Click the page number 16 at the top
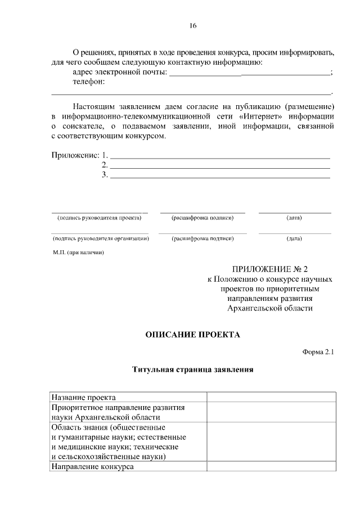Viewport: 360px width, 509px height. pyautogui.click(x=193, y=26)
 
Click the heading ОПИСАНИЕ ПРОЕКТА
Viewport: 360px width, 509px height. pyautogui.click(x=192, y=335)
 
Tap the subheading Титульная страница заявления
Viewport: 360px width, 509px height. pyautogui.click(x=192, y=370)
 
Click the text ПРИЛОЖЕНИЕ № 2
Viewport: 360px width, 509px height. pyautogui.click(x=270, y=269)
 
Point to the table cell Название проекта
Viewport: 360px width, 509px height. pyautogui.click(x=84, y=397)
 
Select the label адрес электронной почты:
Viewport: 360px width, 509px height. pyautogui.click(x=120, y=72)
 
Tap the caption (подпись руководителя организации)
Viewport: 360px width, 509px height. pyautogui.click(x=100, y=238)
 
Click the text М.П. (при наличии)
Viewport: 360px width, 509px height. pyautogui.click(x=78, y=253)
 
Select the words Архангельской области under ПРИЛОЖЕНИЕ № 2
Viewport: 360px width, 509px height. pyautogui.click(x=269, y=308)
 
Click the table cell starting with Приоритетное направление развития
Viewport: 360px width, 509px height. pyautogui.click(x=119, y=412)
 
